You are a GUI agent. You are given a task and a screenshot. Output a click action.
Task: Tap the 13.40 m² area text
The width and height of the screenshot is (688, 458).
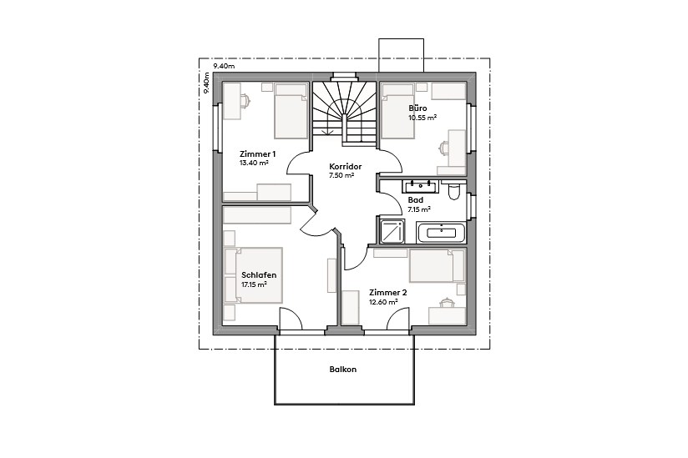point(253,164)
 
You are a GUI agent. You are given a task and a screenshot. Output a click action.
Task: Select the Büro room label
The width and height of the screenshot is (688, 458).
point(417,108)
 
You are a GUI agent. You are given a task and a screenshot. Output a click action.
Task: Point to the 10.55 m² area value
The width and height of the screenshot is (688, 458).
point(422,118)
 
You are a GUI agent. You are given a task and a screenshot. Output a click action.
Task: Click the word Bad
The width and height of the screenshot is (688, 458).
point(415,200)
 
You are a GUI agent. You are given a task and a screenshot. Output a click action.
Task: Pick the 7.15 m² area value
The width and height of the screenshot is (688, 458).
point(419,209)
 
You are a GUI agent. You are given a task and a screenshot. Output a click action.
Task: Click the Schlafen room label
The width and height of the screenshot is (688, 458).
point(258,275)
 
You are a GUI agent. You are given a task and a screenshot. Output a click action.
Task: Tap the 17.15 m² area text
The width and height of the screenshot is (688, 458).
point(253,284)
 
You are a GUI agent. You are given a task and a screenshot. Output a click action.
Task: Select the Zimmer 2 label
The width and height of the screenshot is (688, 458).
point(387,293)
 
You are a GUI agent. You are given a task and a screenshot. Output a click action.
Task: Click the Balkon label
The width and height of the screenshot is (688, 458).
point(342,370)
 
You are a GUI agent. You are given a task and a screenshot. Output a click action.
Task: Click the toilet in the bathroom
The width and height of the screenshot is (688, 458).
point(454,193)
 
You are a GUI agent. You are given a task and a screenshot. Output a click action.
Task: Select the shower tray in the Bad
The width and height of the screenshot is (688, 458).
point(392,231)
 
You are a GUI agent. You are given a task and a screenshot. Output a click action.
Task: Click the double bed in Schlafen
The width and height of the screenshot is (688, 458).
point(255,275)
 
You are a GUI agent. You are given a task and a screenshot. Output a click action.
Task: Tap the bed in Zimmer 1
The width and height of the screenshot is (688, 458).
point(291,111)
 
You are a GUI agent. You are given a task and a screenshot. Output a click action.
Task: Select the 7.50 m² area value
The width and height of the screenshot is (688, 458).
point(341,176)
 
